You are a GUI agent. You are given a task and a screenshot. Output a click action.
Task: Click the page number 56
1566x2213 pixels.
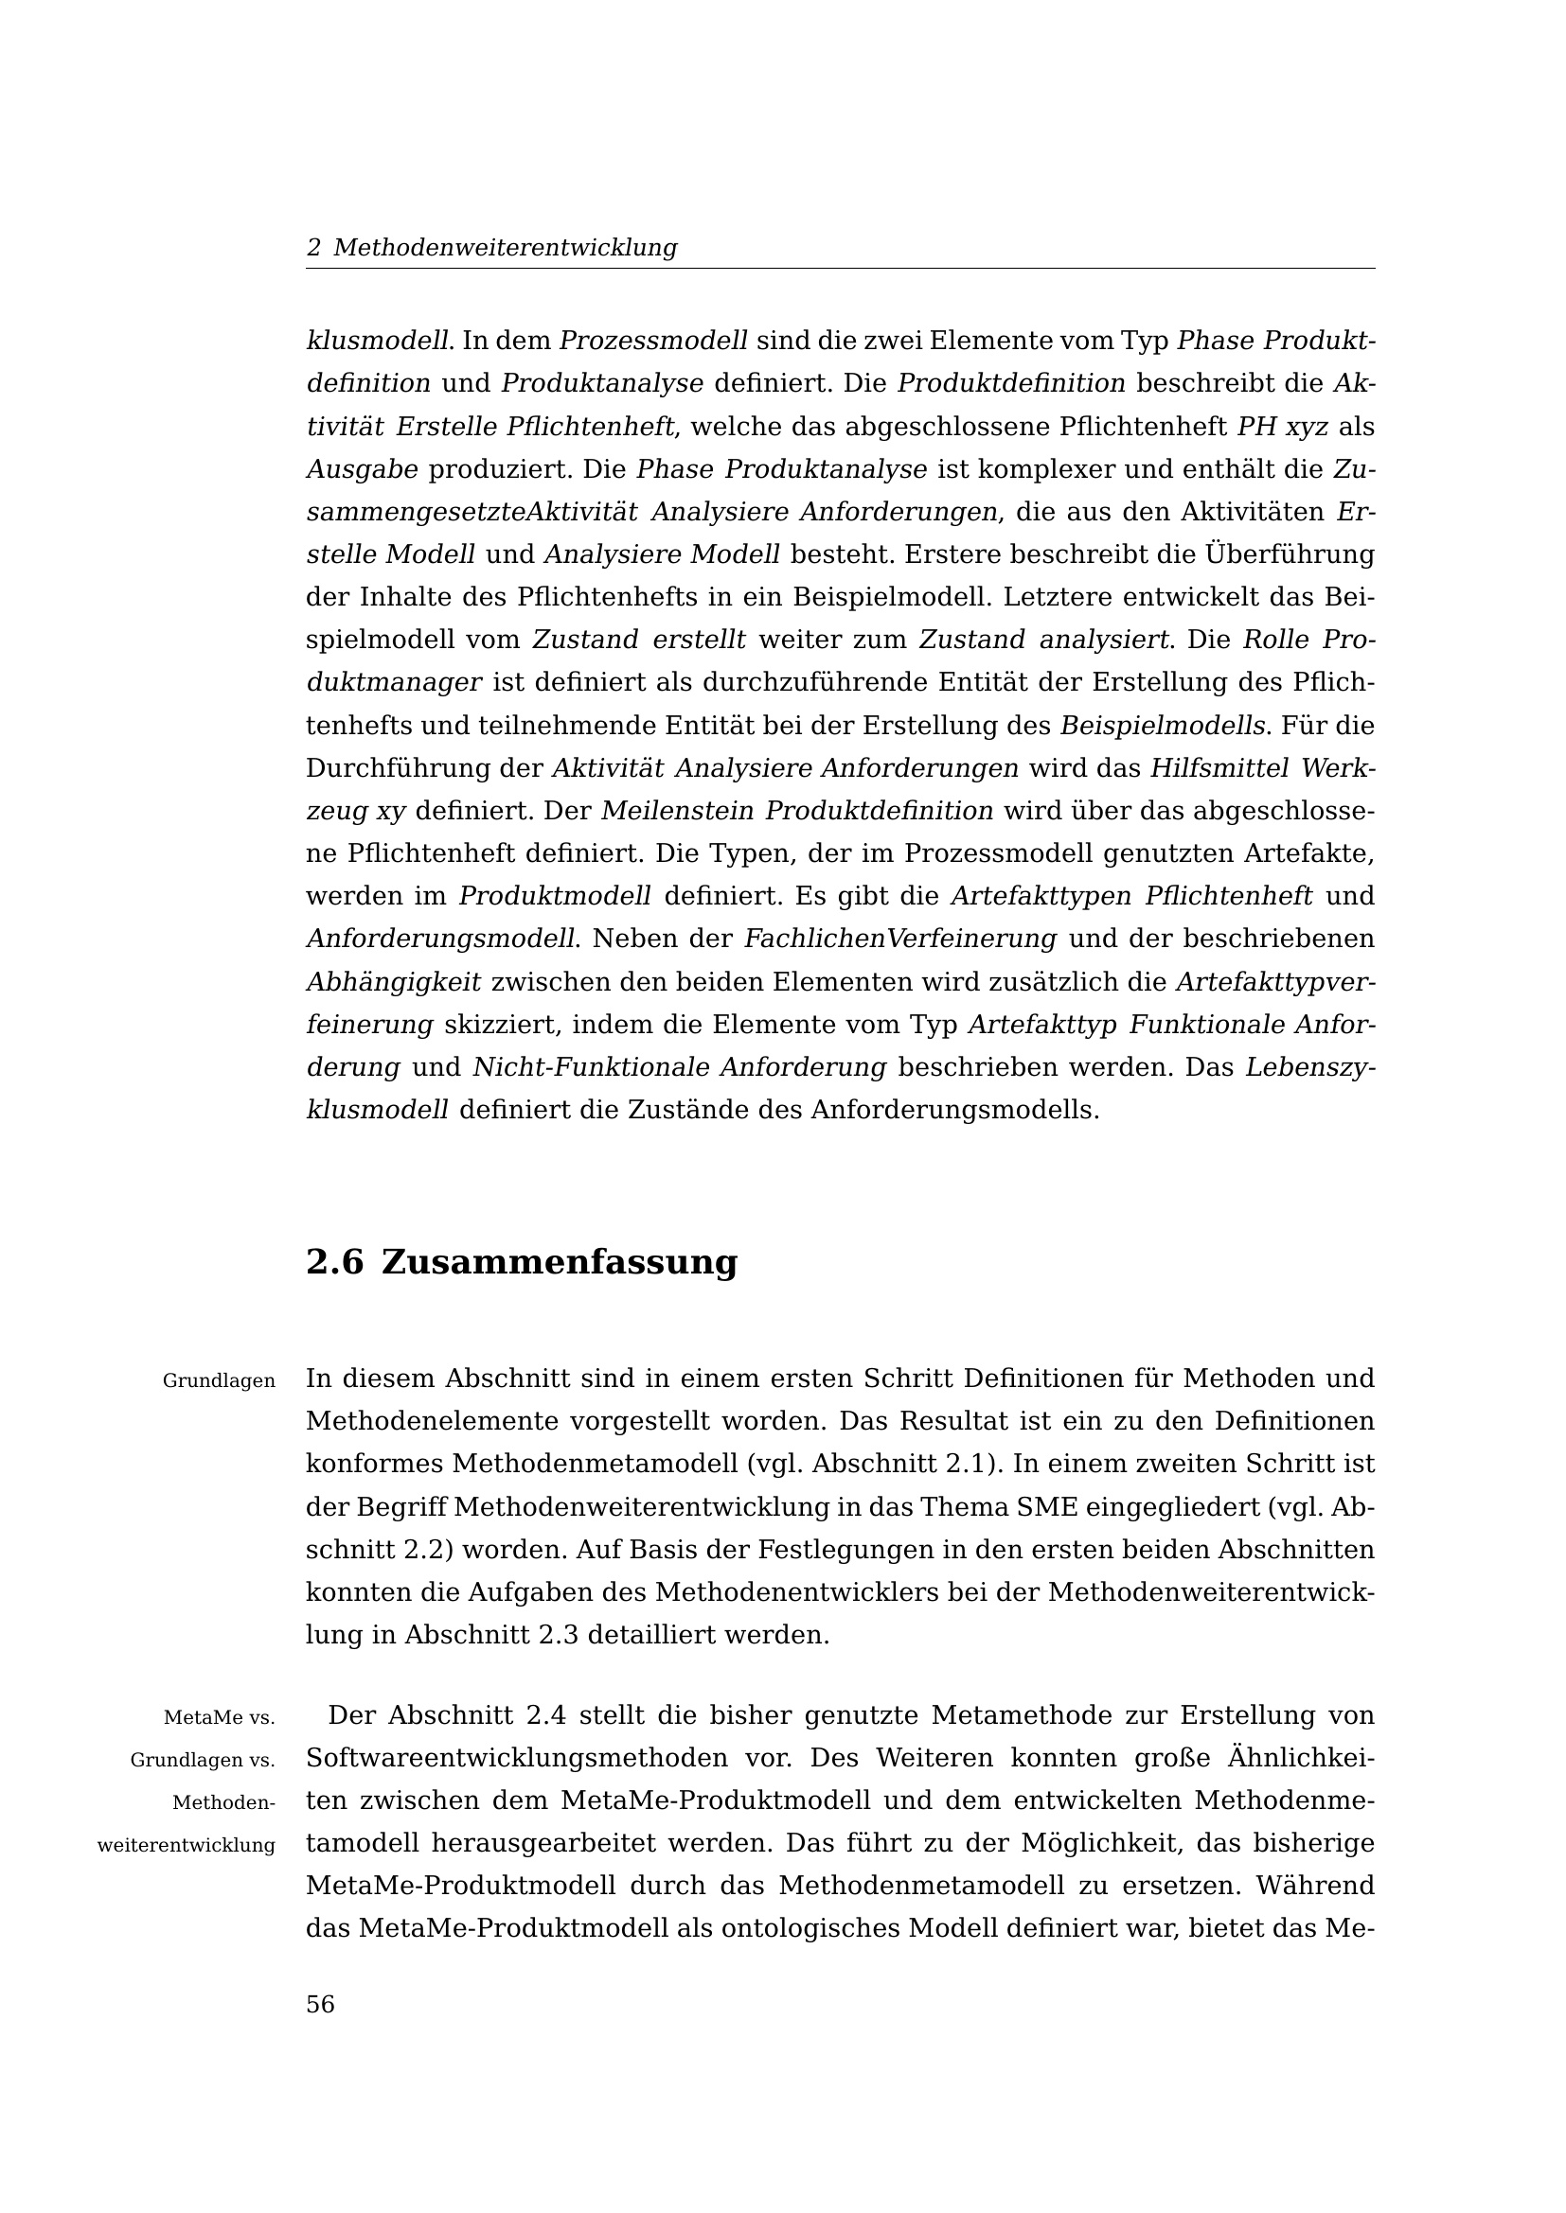(x=320, y=2005)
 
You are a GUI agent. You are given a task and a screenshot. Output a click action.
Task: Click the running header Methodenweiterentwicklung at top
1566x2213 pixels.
(x=506, y=248)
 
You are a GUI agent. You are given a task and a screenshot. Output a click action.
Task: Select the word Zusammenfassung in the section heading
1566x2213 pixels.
(x=560, y=1262)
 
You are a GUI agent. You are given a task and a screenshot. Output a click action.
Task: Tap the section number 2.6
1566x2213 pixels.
(x=333, y=1262)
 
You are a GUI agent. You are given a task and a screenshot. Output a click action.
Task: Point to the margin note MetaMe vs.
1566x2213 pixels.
(x=219, y=1717)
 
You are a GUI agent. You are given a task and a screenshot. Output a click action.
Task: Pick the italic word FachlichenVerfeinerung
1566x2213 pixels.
(x=900, y=938)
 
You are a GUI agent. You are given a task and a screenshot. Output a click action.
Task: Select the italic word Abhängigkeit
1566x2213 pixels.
(x=393, y=982)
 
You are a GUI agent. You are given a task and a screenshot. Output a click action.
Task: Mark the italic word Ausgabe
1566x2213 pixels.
(x=362, y=469)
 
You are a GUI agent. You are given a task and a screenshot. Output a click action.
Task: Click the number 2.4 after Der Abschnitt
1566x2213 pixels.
(x=545, y=1715)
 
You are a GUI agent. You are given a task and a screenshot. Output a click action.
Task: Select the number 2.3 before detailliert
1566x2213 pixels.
(x=556, y=1635)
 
